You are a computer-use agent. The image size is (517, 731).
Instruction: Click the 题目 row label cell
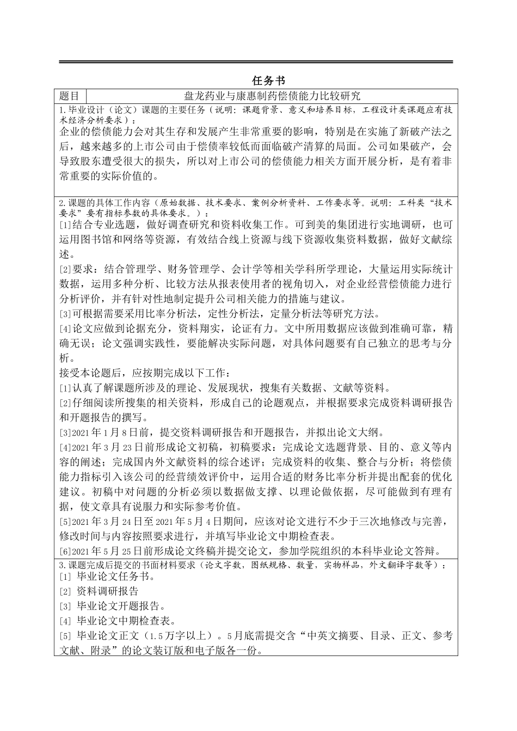[x=70, y=96]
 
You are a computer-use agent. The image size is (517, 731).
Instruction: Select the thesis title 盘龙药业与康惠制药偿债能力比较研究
[x=272, y=96]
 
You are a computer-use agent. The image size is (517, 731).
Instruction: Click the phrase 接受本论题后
[x=89, y=373]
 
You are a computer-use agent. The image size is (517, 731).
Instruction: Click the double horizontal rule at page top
[x=256, y=62]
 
